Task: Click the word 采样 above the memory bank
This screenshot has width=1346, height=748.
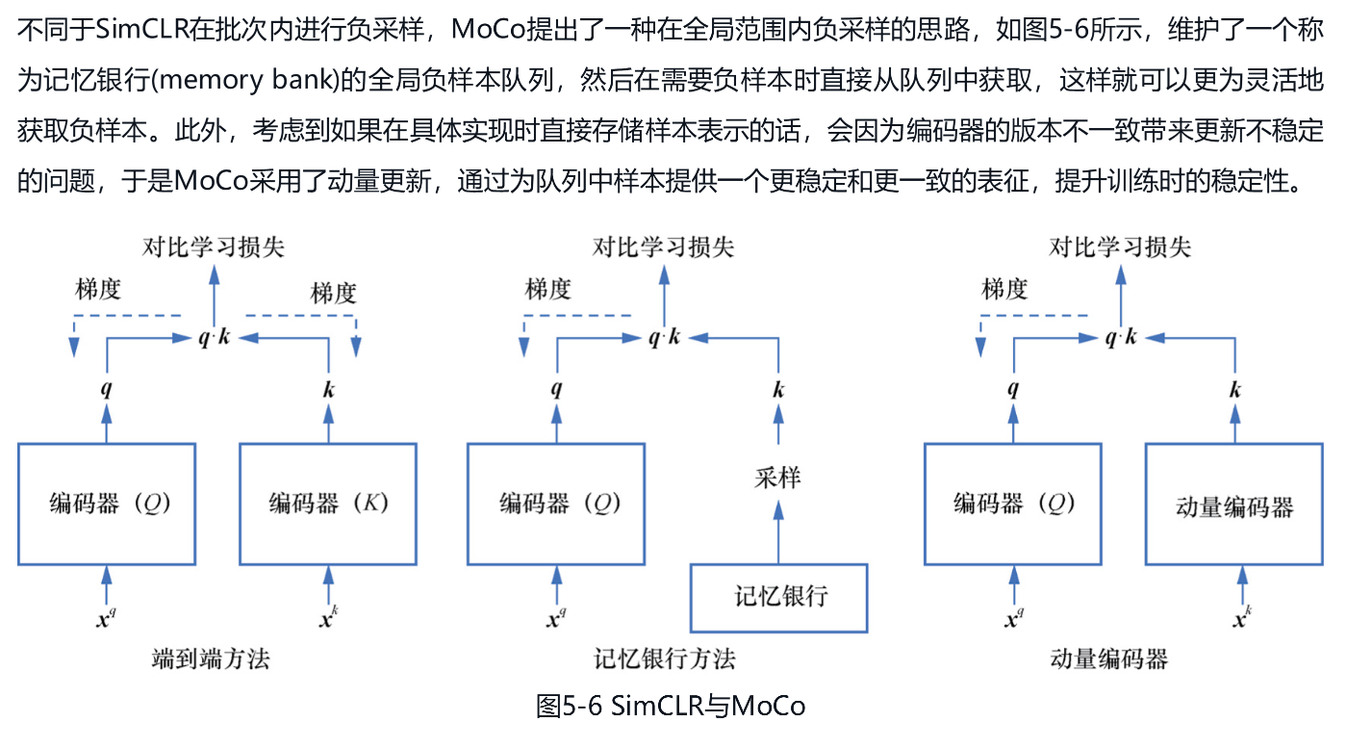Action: coord(778,478)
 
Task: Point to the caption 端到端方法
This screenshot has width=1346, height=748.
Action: coord(211,659)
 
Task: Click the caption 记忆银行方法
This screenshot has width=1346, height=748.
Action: coord(665,659)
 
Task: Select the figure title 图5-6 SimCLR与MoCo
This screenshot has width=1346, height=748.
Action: coord(671,706)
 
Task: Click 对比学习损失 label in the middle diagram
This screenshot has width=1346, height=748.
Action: coord(664,247)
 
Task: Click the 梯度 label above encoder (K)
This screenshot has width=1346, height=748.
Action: coord(334,294)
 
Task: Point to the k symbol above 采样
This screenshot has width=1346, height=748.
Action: coord(778,390)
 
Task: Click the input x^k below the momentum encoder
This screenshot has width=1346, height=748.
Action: coord(1242,617)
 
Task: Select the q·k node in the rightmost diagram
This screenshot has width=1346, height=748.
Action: coord(1121,337)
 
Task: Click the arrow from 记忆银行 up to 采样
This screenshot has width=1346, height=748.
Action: coord(778,532)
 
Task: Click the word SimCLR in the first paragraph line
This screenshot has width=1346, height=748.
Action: coord(142,29)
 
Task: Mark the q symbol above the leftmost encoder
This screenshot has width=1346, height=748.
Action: coord(107,390)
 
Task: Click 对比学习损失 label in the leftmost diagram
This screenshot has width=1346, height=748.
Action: coord(214,247)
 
